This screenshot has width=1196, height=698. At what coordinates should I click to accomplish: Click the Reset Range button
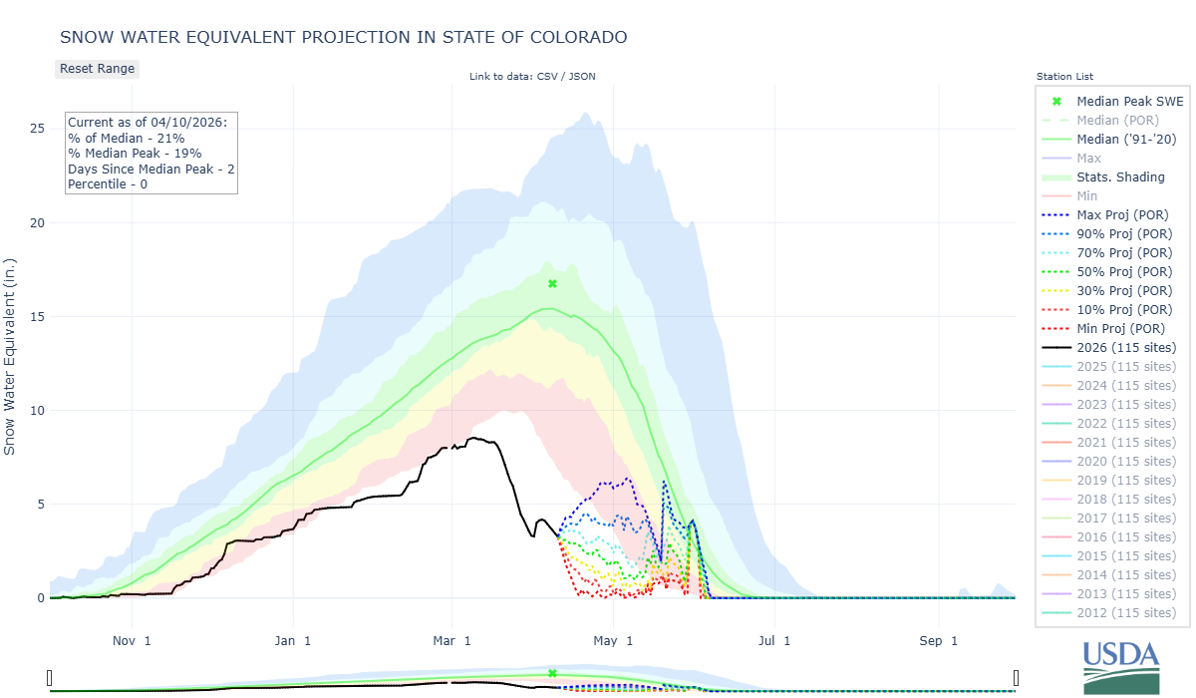[97, 69]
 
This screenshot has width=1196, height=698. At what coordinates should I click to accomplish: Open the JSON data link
[582, 77]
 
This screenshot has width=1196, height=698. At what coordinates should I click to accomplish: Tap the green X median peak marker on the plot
[552, 284]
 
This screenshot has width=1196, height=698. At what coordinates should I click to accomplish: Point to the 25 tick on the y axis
[36, 129]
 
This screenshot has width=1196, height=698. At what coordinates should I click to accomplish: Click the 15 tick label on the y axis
[36, 317]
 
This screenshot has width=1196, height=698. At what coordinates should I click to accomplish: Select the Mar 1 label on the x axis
[451, 640]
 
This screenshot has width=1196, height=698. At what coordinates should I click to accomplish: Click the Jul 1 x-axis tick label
[773, 640]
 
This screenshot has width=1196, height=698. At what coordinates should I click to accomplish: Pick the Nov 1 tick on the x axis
[132, 640]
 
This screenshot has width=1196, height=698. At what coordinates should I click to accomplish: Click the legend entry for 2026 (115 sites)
[1126, 348]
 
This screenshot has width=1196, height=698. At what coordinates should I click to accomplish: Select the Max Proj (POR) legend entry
[1122, 215]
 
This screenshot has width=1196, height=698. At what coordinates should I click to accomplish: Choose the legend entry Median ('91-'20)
[1126, 140]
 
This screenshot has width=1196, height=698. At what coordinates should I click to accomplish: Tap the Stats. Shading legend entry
[1120, 177]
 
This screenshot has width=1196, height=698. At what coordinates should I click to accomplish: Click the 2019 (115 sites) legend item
[1126, 481]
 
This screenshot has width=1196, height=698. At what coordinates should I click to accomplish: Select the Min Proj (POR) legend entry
[1121, 329]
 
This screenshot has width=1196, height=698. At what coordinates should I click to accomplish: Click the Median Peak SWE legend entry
[1127, 102]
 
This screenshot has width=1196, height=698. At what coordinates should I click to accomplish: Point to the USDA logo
[1121, 666]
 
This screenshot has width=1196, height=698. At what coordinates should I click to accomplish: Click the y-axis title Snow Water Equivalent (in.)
[10, 355]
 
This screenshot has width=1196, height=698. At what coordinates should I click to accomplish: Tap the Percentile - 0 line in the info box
[108, 184]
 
